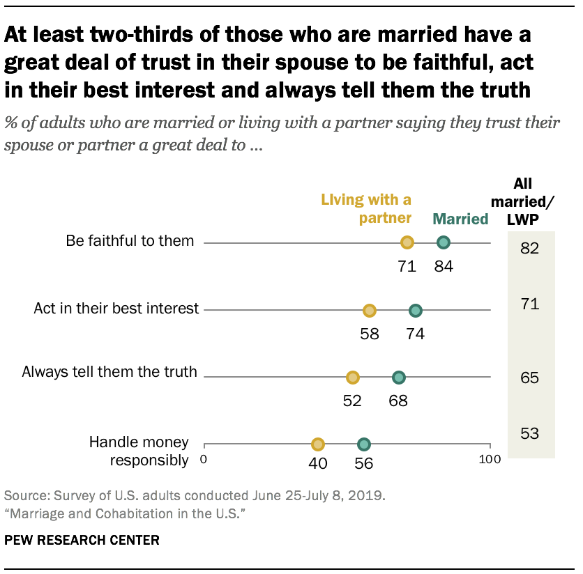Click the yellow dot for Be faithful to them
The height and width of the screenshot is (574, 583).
407,242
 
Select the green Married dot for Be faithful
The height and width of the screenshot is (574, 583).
444,242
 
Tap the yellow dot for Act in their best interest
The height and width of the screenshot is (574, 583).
370,310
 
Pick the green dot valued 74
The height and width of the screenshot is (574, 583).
416,310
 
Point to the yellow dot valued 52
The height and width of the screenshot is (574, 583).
353,378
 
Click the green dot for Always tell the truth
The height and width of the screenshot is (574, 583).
399,378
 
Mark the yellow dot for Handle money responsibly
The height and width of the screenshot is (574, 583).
318,444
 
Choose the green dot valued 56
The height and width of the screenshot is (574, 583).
364,444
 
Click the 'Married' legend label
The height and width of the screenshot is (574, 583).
460,219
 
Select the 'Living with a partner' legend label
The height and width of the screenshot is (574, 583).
366,209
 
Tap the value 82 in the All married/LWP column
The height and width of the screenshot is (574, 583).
530,249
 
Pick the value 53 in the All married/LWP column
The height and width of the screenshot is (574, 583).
530,434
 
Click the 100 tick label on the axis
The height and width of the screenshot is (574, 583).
490,459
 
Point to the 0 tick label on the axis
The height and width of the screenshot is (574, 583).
204,459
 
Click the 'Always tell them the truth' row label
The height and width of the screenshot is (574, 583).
109,372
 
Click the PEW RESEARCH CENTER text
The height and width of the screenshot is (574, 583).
82,540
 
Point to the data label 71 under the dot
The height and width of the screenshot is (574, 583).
407,265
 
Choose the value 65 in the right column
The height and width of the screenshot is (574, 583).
530,378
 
